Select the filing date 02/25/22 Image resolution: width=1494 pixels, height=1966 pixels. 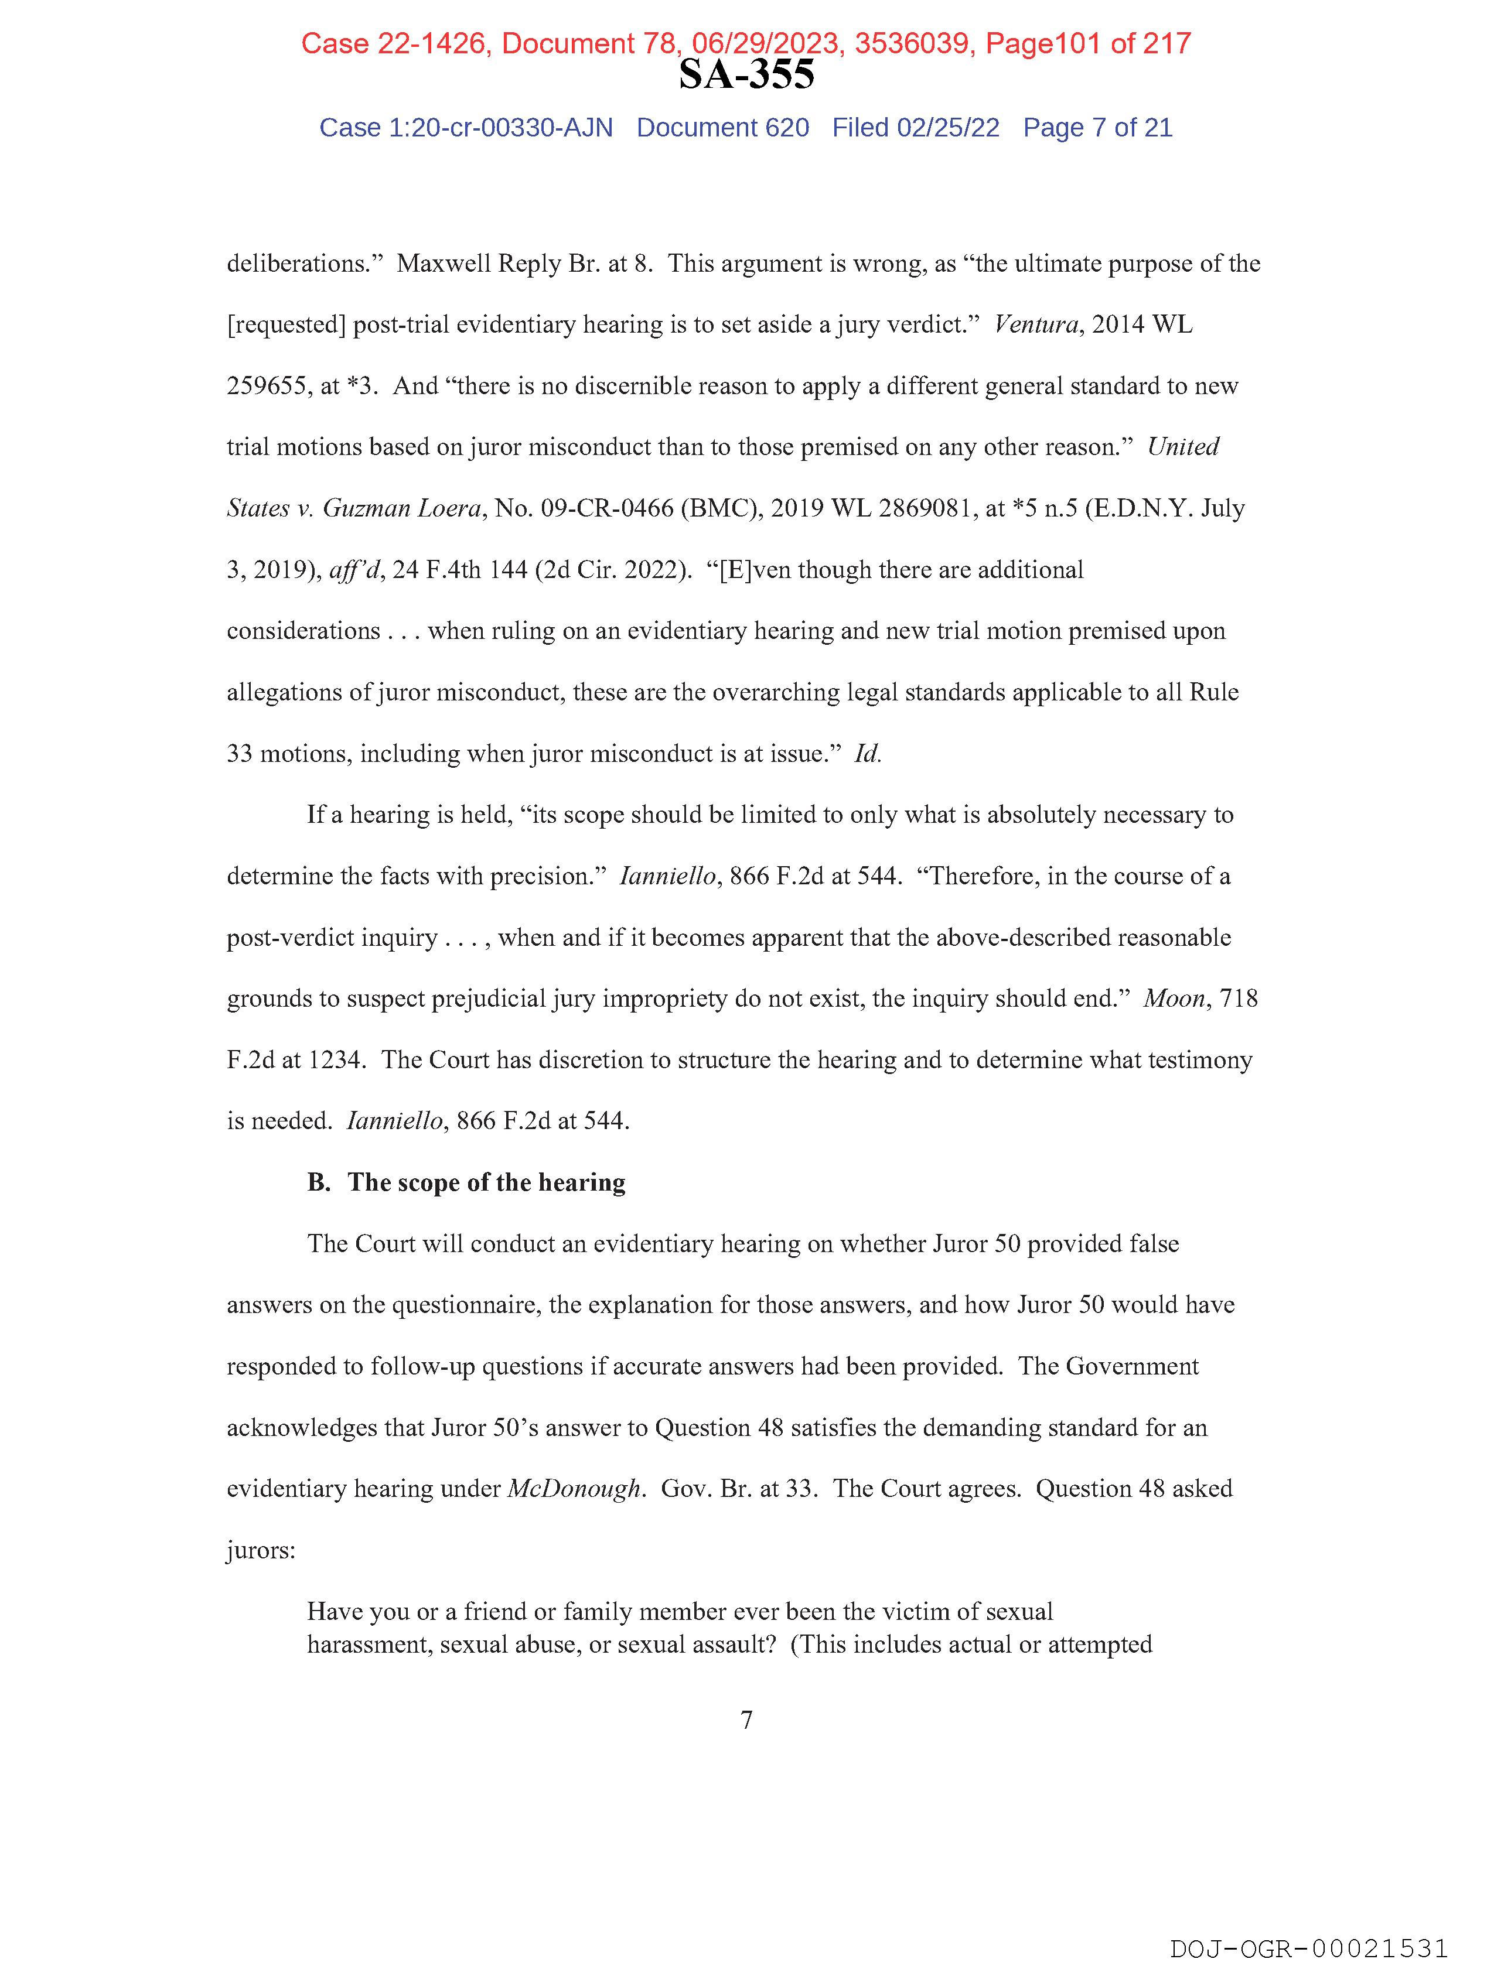[948, 128]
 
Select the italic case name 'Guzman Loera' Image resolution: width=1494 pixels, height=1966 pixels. [402, 508]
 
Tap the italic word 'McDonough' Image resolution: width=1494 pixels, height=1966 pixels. [574, 1489]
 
